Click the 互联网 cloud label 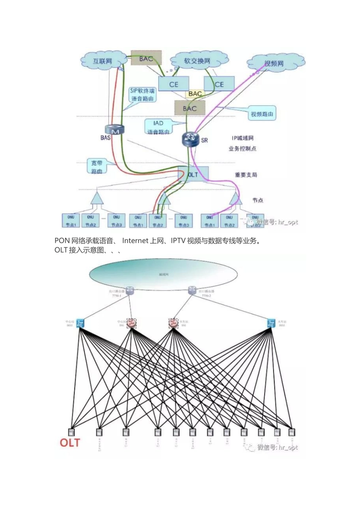(103, 61)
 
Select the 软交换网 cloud (197, 61)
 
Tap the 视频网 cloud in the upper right (274, 63)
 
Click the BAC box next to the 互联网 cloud (146, 58)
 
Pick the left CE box (174, 84)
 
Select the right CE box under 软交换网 (219, 84)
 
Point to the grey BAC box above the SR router (189, 108)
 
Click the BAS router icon (116, 130)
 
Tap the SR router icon (191, 139)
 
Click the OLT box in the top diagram (193, 174)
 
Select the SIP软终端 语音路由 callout (142, 94)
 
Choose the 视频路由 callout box (262, 114)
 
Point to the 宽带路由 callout (97, 167)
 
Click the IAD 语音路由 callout (158, 127)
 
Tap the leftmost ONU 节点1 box (71, 220)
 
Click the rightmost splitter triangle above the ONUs (236, 198)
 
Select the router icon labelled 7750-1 (130, 290)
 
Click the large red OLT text (70, 443)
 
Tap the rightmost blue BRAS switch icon (271, 323)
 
